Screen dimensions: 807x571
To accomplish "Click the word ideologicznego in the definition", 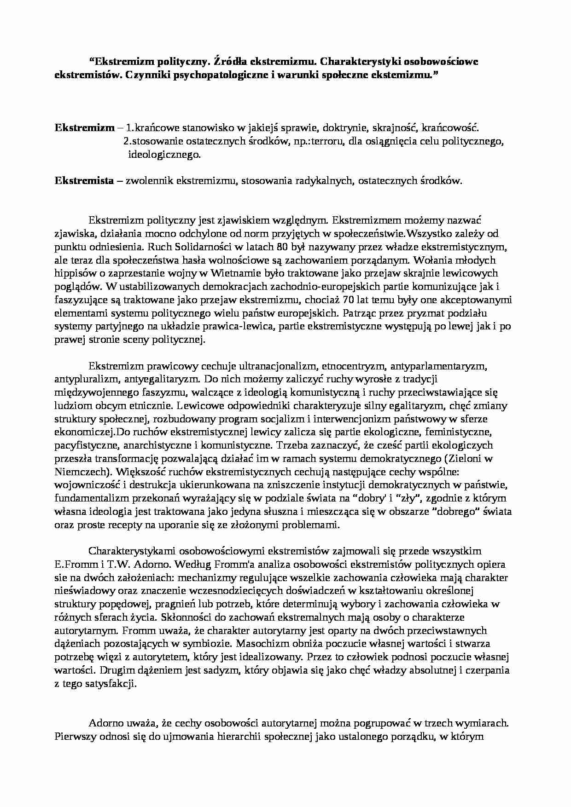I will click(x=164, y=155).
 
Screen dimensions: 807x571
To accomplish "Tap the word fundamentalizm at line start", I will click(x=86, y=498).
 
